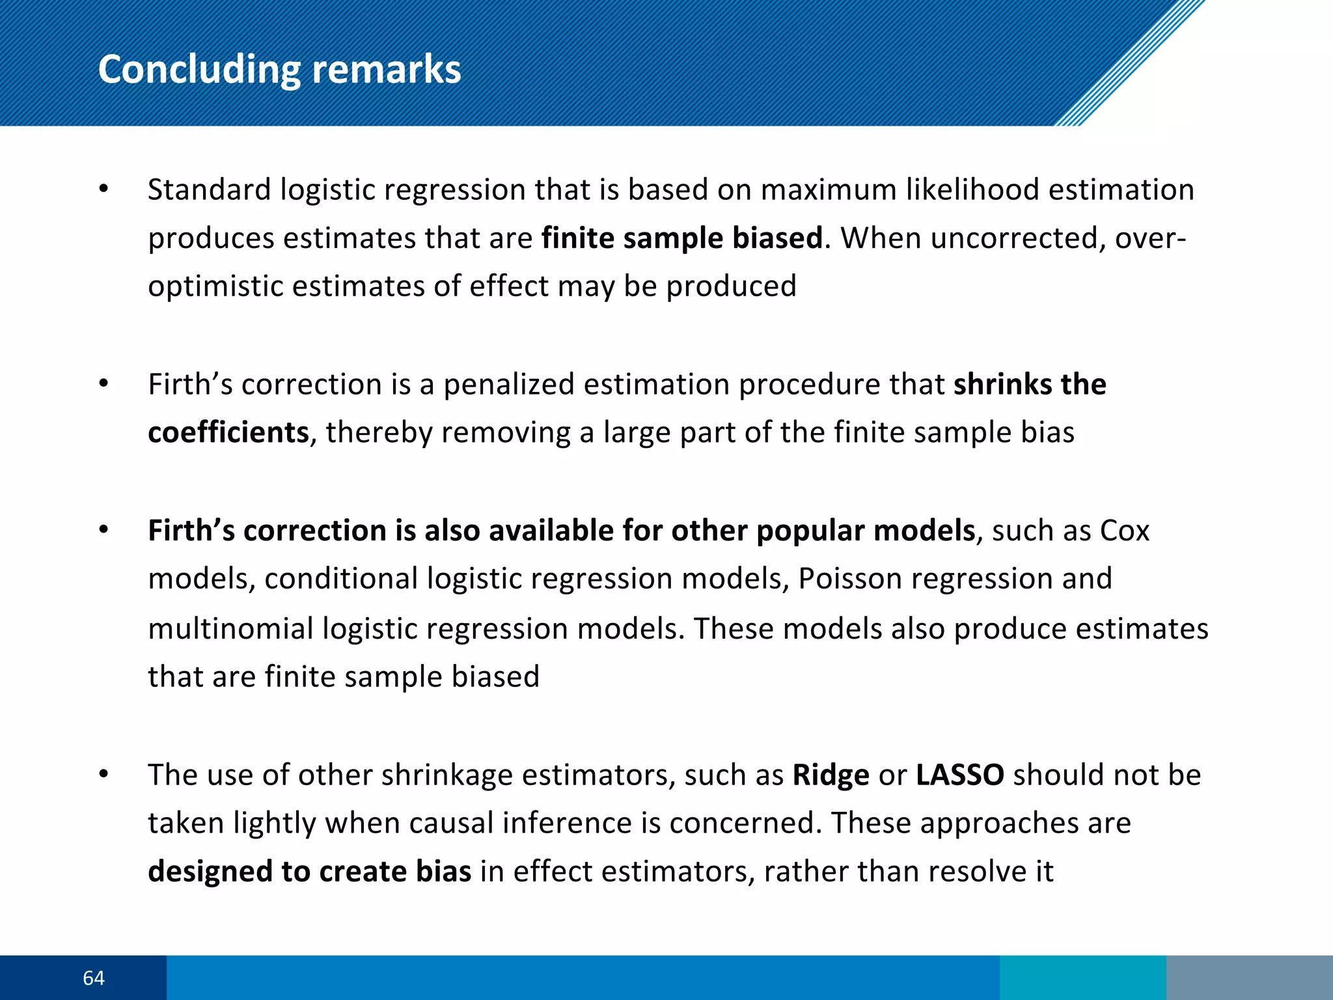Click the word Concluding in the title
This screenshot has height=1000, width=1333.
pos(199,70)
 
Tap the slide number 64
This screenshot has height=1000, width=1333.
pos(94,978)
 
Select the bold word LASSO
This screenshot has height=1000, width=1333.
pos(959,775)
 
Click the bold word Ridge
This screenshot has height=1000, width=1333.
pos(831,775)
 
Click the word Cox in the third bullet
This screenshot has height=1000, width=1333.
pos(1124,531)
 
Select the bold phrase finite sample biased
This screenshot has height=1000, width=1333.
pos(681,238)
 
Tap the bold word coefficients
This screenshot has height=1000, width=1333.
pos(228,432)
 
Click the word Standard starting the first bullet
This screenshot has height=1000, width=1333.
pos(209,190)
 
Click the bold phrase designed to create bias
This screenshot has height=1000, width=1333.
pos(309,871)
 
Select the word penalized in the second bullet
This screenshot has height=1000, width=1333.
pos(508,385)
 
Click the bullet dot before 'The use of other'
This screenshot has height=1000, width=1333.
pos(103,775)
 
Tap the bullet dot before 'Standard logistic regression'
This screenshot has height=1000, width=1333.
pos(103,190)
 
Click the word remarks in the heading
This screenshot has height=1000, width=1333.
pos(386,70)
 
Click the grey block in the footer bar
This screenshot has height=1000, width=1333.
pos(1249,978)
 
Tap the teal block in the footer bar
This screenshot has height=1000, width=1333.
pos(1082,978)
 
